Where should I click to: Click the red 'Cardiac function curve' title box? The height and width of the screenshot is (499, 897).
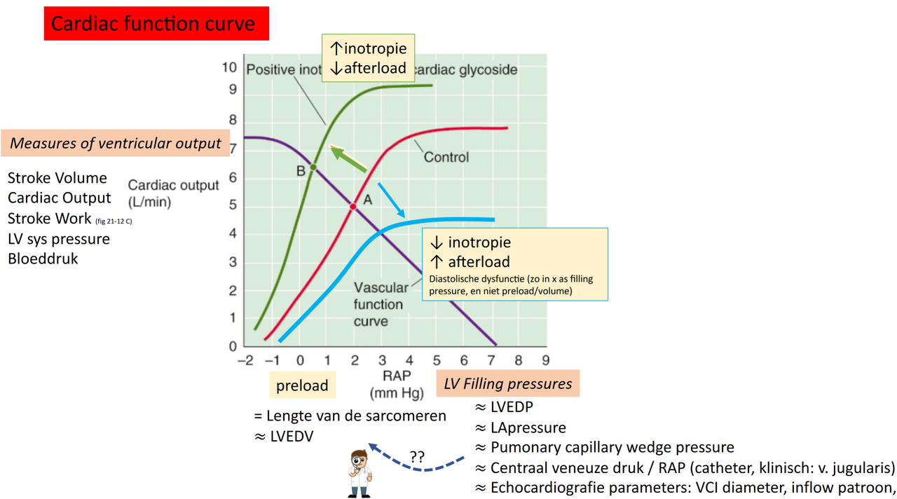(x=156, y=24)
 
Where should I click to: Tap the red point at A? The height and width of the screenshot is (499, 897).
(x=353, y=207)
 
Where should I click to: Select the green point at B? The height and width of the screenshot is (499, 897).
(x=313, y=167)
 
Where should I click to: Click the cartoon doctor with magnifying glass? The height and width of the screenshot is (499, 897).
(x=360, y=473)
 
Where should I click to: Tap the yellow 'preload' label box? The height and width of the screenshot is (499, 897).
(x=302, y=385)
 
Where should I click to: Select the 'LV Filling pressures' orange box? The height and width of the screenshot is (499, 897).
(x=507, y=384)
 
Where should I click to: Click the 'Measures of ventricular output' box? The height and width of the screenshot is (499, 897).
(x=116, y=144)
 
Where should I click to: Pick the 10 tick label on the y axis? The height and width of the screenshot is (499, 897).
(x=229, y=67)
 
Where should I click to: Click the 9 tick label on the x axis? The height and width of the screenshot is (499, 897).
(x=545, y=361)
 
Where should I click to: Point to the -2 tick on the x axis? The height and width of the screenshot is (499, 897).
(x=245, y=361)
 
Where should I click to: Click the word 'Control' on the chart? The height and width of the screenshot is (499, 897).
(x=446, y=157)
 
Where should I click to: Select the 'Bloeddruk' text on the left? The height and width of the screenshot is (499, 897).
(x=43, y=259)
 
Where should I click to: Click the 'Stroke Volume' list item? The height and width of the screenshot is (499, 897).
(x=57, y=178)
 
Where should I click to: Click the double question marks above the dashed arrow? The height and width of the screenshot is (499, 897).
(x=417, y=456)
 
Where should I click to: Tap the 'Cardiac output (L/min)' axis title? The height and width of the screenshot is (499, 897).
(x=173, y=193)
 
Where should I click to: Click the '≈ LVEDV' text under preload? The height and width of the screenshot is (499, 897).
(x=284, y=436)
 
